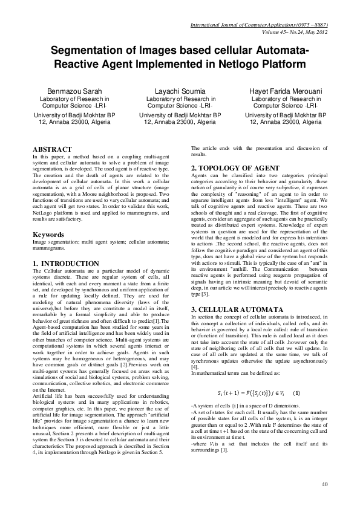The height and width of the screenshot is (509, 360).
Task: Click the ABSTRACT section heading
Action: point(52,149)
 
